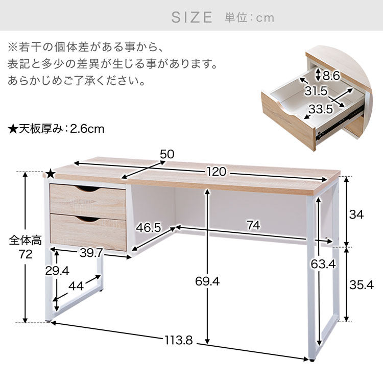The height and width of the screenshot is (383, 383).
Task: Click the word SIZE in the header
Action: click(192, 17)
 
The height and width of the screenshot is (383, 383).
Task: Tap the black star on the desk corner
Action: click(51, 174)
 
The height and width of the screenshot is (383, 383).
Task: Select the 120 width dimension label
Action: click(217, 172)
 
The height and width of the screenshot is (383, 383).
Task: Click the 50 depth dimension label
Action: click(167, 154)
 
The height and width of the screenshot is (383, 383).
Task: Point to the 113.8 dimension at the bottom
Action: click(179, 340)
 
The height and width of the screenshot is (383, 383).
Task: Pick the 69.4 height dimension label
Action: click(207, 281)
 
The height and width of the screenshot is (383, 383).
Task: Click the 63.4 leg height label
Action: click(323, 264)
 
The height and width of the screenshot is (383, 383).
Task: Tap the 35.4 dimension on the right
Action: click(362, 285)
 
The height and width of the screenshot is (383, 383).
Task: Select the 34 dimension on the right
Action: click(356, 214)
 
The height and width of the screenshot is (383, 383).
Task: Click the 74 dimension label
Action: click(253, 225)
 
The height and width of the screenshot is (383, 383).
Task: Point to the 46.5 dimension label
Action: click(149, 228)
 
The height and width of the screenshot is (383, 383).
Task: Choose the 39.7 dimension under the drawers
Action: click(91, 253)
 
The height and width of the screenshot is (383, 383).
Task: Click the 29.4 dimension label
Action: click(57, 271)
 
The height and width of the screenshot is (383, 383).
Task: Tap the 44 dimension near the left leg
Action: click(76, 286)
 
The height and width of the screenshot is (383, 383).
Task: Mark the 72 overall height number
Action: click(26, 254)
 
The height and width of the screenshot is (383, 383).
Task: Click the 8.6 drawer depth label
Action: click(331, 76)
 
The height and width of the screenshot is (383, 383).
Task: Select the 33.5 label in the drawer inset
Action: click(321, 109)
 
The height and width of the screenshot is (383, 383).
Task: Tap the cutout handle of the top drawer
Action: click(88, 188)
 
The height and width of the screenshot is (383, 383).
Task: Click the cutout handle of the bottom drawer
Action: click(88, 219)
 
